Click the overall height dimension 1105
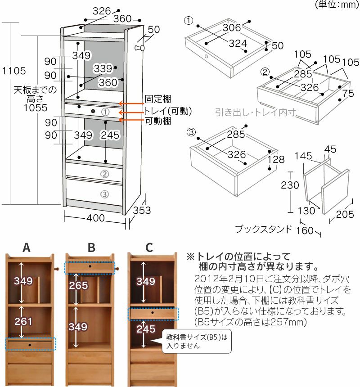14,71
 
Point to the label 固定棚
157,99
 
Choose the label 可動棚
157,121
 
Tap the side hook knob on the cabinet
140,48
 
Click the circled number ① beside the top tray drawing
189,21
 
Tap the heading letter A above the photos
27,247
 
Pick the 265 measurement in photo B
78,286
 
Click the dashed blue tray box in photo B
90,267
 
